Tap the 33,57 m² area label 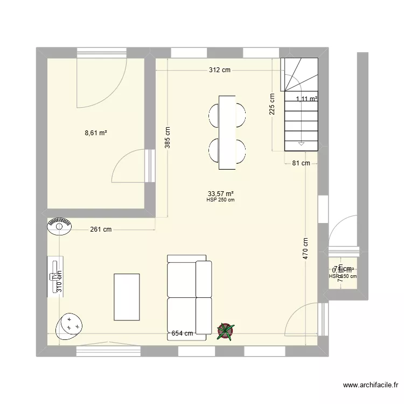[220, 193]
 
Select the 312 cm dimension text [220, 69]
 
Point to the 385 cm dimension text [168, 137]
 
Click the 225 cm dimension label [273, 105]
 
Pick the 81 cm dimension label [301, 163]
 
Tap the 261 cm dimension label [100, 229]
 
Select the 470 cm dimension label [305, 249]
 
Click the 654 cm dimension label [182, 333]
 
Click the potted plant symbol [226, 332]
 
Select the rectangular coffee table [127, 296]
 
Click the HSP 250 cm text [220, 200]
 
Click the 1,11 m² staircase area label [306, 99]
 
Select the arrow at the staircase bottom [302, 144]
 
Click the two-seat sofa [189, 297]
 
